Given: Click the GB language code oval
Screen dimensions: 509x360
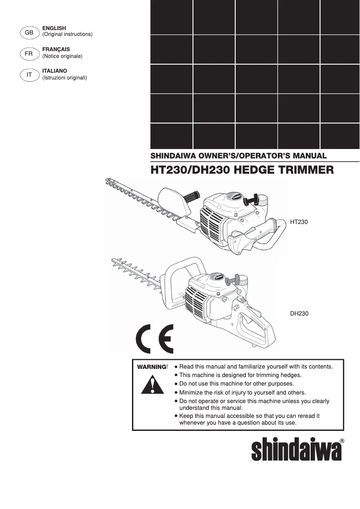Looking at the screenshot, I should (29, 32).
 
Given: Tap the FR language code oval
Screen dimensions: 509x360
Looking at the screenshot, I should (29, 53).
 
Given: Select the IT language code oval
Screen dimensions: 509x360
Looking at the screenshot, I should (29, 75).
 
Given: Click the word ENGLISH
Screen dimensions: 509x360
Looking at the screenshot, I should (54, 28).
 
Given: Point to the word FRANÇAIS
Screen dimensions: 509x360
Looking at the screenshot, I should (56, 49).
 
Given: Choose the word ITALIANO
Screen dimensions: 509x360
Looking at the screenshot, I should (54, 71).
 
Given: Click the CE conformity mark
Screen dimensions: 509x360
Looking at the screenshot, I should (154, 339).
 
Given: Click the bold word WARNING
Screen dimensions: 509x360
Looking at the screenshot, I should (152, 367).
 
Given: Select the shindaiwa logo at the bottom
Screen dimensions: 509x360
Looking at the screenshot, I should (296, 450).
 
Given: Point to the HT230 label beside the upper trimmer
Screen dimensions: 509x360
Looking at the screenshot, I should (299, 222).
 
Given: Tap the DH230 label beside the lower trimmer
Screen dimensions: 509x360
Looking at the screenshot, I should (299, 314).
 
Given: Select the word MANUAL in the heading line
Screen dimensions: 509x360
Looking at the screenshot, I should (309, 156).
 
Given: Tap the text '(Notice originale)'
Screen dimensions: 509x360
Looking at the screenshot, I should (62, 56).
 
